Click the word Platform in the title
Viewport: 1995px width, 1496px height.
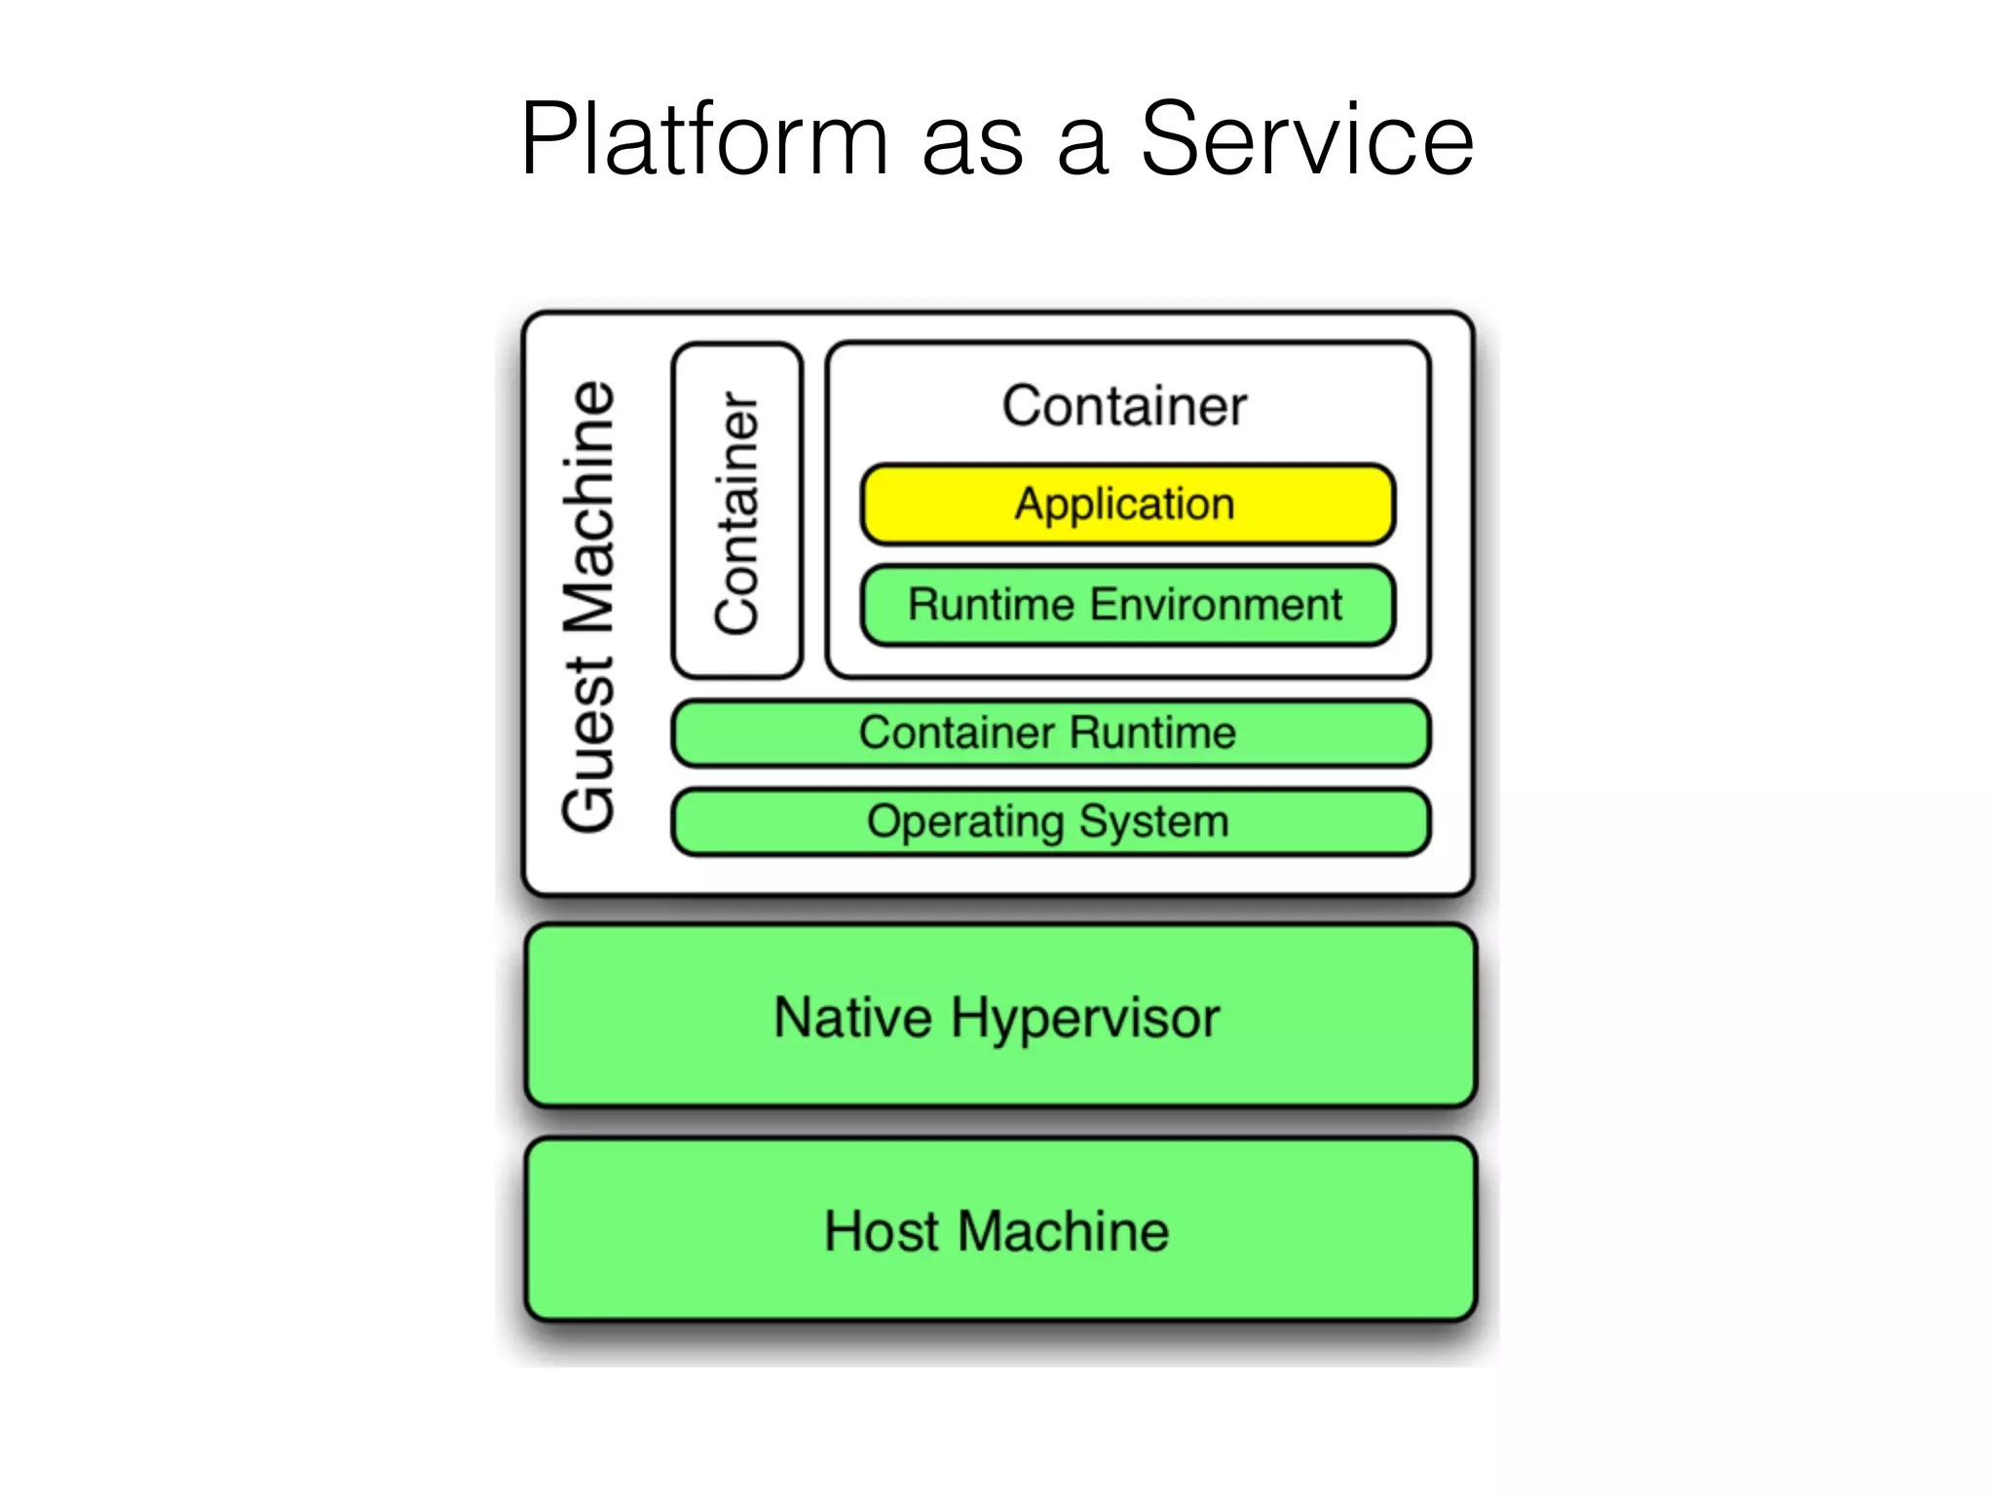click(x=703, y=141)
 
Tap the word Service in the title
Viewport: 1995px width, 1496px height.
click(x=1306, y=141)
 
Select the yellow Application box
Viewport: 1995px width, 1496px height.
click(x=1127, y=505)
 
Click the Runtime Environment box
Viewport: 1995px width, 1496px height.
click(x=1127, y=605)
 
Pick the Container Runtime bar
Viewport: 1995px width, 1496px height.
click(x=1050, y=733)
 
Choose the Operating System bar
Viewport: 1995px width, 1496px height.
click(x=1050, y=822)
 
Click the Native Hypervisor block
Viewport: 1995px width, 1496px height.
click(x=999, y=1017)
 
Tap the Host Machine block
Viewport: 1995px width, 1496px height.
click(x=999, y=1230)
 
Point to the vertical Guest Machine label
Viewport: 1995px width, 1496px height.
click(x=589, y=606)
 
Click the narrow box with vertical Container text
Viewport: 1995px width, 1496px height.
click(x=736, y=510)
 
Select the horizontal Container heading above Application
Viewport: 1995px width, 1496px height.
click(x=1124, y=406)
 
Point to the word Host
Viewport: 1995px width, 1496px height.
click(x=882, y=1231)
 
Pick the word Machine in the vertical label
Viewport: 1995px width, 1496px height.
click(x=589, y=506)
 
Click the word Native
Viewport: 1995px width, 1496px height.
click(x=852, y=1018)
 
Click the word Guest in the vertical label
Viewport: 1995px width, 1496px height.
click(x=589, y=744)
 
